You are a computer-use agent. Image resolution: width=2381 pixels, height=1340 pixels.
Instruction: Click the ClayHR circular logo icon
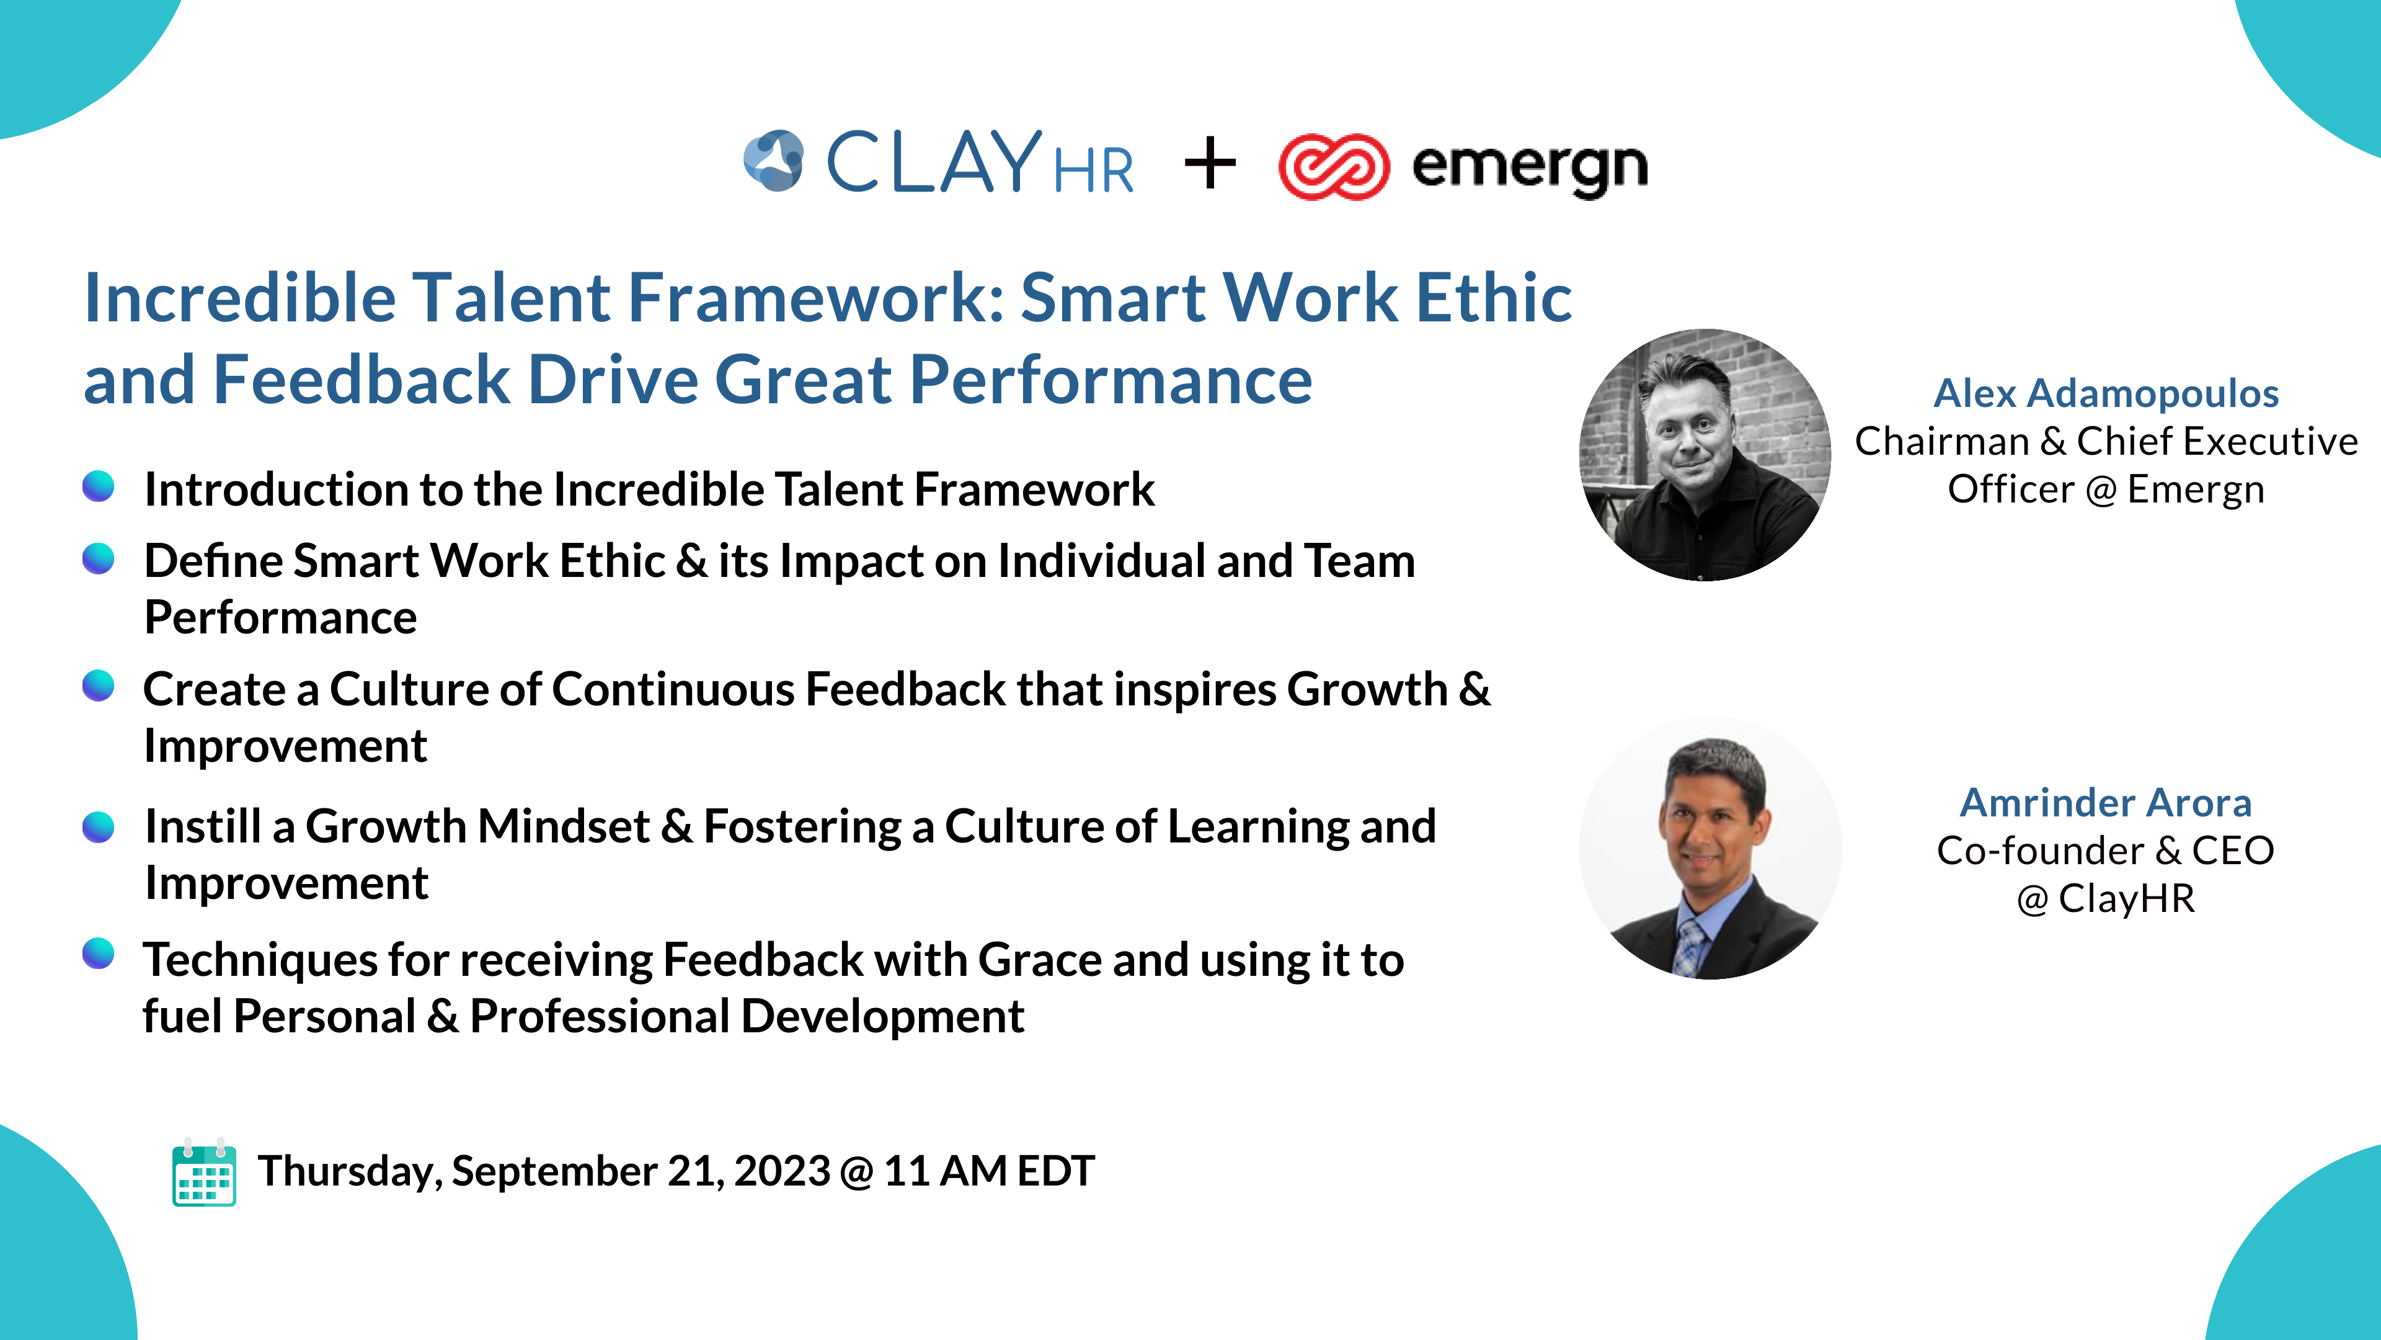point(774,161)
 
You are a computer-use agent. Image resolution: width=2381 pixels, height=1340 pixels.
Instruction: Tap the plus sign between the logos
point(1210,164)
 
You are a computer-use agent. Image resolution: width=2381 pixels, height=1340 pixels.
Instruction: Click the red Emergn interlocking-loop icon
point(1334,166)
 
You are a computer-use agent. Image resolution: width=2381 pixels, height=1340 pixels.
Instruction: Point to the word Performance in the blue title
point(1110,380)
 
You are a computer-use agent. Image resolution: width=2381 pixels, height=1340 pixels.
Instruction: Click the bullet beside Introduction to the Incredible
point(98,486)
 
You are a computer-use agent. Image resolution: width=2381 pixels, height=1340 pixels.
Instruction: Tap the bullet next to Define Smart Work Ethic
point(98,558)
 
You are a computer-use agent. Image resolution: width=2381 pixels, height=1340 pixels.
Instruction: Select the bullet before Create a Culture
point(98,686)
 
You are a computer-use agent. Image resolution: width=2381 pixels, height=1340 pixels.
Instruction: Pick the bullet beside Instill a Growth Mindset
point(98,826)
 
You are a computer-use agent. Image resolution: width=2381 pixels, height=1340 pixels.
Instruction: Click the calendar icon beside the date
point(204,1172)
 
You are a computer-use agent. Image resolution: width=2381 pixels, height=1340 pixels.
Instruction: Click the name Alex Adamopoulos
point(2106,393)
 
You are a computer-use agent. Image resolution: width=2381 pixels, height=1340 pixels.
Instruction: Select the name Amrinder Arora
point(2106,803)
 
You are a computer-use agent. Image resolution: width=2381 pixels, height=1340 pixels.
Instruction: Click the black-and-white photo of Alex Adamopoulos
point(1705,455)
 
